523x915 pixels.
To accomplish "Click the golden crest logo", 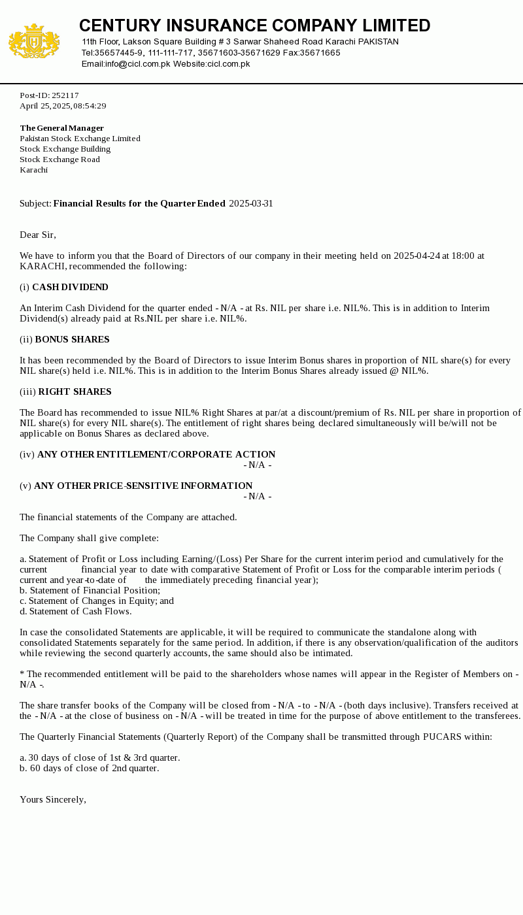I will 34,41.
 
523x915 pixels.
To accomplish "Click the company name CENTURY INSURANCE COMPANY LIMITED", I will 254,25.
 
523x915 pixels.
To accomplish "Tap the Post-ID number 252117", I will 65,95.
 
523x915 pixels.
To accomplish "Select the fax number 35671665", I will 320,53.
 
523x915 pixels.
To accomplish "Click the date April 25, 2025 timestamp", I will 63,106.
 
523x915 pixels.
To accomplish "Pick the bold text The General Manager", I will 61,128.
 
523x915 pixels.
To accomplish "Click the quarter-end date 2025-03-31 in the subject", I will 251,203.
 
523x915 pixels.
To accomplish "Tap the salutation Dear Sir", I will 38,235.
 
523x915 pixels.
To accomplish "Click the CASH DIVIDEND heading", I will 70,287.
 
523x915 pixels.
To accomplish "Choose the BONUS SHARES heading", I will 72,339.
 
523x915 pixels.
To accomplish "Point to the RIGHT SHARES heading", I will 75,391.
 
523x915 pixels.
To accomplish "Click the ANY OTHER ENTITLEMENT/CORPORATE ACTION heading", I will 156,454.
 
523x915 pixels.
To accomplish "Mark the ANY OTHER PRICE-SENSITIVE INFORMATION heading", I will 143,486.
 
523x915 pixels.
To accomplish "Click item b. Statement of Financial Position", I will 90,590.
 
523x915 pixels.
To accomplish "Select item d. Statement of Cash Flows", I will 76,611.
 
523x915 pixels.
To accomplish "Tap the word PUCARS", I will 443,737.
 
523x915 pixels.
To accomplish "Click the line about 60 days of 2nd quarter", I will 90,768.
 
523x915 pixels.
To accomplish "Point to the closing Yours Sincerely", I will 53,799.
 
